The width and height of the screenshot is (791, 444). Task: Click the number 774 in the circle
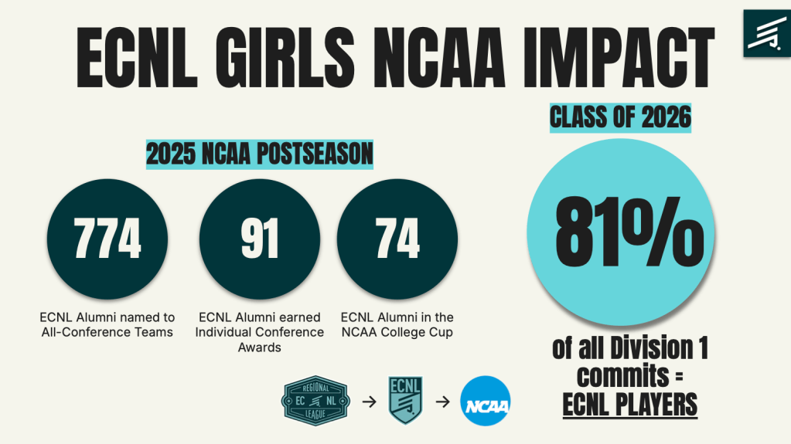pyautogui.click(x=107, y=239)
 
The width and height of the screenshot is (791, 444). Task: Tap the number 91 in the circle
pyautogui.click(x=260, y=239)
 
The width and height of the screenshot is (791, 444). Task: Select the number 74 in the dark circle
pyautogui.click(x=397, y=239)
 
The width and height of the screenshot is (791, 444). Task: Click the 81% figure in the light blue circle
pyautogui.click(x=625, y=232)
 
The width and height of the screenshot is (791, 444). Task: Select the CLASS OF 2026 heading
pyautogui.click(x=620, y=118)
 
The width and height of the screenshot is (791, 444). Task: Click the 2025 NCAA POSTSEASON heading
pyautogui.click(x=260, y=155)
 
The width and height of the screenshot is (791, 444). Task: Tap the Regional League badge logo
pyautogui.click(x=315, y=402)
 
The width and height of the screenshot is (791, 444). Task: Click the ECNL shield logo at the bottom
pyautogui.click(x=405, y=400)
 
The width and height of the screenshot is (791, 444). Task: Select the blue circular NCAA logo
pyautogui.click(x=485, y=402)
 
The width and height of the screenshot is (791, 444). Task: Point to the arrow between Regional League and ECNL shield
pyautogui.click(x=368, y=402)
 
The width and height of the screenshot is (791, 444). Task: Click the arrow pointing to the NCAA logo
pyautogui.click(x=443, y=402)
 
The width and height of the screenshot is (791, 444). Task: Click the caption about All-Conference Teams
pyautogui.click(x=107, y=324)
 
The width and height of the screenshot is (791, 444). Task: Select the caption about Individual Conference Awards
pyautogui.click(x=260, y=332)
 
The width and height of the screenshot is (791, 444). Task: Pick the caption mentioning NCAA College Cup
pyautogui.click(x=397, y=324)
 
